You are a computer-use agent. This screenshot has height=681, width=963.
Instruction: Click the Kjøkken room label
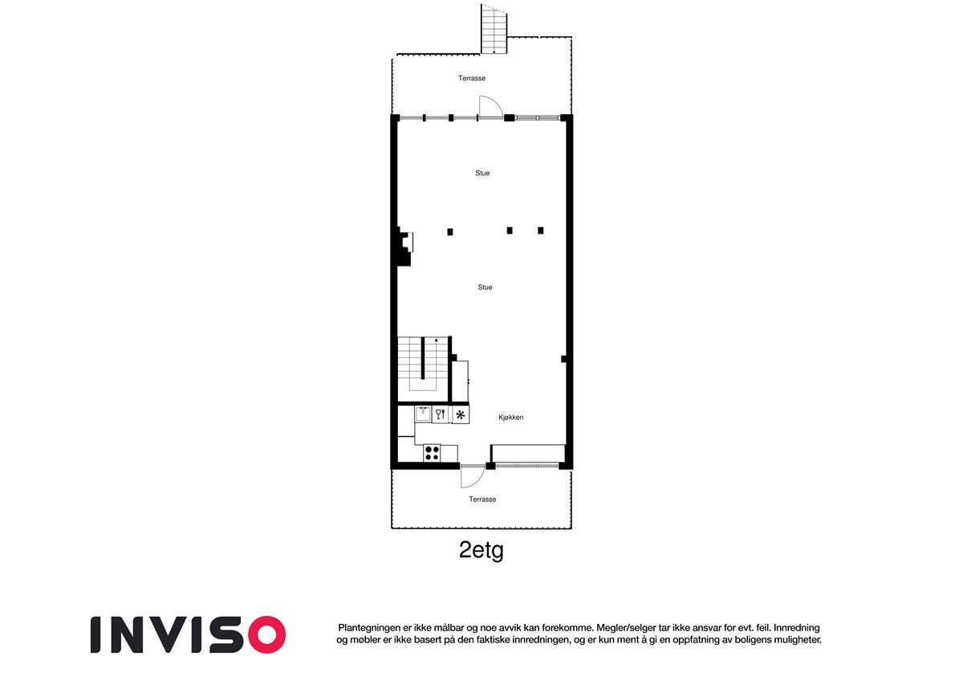[510, 417]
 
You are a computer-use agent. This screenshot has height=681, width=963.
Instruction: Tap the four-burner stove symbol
[432, 452]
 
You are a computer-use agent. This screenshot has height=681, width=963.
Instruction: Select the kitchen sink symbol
[422, 414]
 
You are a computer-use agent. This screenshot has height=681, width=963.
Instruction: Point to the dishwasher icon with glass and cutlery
[440, 415]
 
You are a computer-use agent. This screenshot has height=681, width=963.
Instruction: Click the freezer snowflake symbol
[461, 415]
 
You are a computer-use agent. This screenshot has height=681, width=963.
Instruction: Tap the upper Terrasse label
[472, 79]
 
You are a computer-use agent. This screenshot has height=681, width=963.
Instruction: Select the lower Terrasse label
[482, 500]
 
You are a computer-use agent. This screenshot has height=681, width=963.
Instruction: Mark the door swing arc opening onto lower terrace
[472, 479]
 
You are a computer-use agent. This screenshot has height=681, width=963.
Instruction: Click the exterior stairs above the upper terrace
[494, 31]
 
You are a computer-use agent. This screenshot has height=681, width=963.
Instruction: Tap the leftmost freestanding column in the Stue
[450, 232]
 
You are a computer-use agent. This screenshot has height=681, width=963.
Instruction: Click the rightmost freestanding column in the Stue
[541, 230]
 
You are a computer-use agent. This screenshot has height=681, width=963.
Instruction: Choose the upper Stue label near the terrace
[482, 173]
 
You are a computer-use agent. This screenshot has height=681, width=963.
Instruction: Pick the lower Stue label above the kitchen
[485, 287]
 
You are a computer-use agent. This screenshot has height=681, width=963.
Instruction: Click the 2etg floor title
[481, 551]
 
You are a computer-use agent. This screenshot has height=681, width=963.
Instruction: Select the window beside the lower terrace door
[526, 465]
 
